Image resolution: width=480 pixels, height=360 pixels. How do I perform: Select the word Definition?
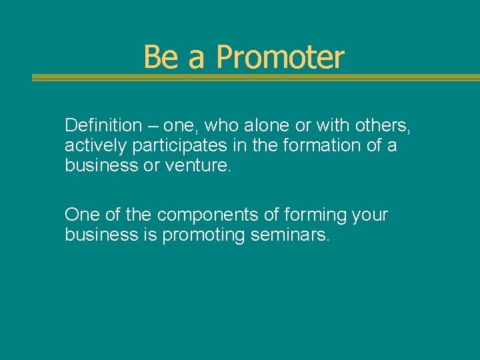(103, 125)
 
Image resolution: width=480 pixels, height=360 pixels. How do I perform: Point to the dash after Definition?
(154, 125)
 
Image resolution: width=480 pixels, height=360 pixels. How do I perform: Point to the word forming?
(317, 215)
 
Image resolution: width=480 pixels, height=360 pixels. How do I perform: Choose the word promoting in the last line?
(204, 235)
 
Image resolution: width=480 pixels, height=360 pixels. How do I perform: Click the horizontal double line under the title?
(255, 78)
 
